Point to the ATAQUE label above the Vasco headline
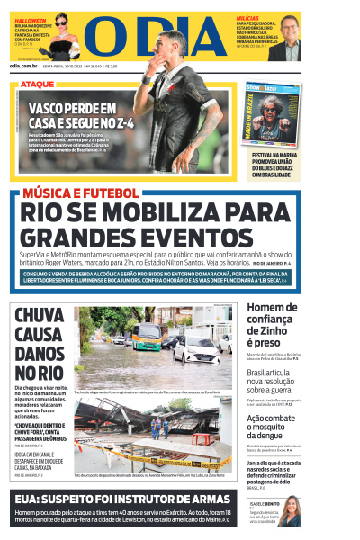(x=38, y=84)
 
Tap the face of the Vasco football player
(x=170, y=44)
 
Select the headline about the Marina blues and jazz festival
(x=275, y=165)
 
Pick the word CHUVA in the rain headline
(x=39, y=316)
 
